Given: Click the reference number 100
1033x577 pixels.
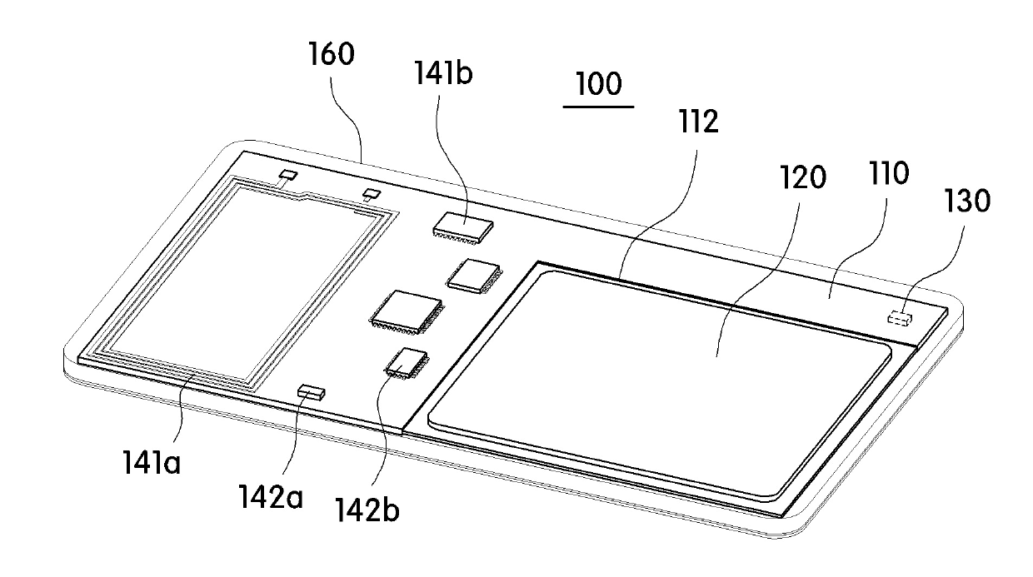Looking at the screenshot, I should tap(598, 85).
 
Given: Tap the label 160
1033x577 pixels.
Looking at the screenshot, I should tap(331, 55).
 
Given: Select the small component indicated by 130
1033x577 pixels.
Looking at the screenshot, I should tap(897, 317).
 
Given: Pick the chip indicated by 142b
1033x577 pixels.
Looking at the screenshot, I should tap(406, 362).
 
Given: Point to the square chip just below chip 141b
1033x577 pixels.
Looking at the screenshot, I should tap(472, 274).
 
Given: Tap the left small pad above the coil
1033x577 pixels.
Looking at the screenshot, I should tap(288, 175).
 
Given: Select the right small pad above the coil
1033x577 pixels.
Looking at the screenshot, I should tap(372, 194).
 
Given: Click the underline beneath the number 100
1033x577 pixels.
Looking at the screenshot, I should tap(598, 107).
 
